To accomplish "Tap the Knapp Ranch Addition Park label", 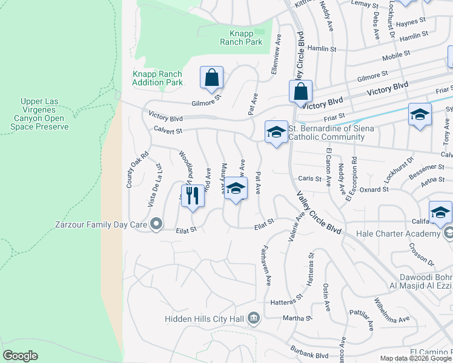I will [x=157, y=78].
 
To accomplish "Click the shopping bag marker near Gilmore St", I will [x=211, y=78].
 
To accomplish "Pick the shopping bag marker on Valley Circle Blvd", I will [x=300, y=93].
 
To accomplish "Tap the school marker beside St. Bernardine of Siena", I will [x=276, y=132].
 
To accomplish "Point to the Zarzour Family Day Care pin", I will [x=156, y=224].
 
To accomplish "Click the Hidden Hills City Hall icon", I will [x=254, y=318].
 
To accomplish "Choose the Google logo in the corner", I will [x=20, y=356].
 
